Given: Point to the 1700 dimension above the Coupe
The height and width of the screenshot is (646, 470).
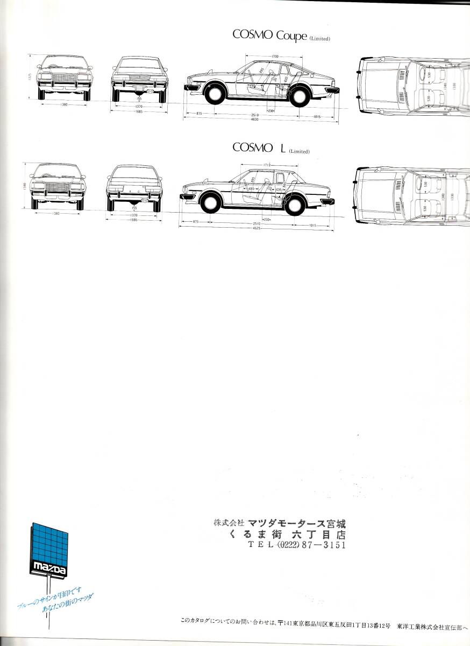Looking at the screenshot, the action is [275, 56].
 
